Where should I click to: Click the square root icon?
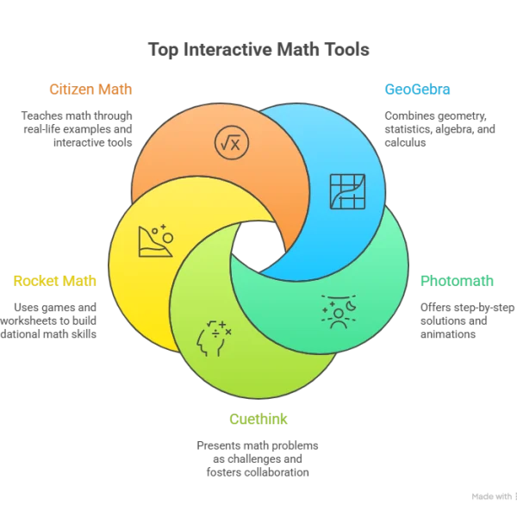tap(231, 143)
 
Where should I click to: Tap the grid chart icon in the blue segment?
tap(347, 191)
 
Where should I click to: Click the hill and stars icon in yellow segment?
tap(155, 240)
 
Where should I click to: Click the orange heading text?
tap(90, 89)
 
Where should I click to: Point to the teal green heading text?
tap(458, 280)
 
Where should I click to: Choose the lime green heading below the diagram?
tap(258, 420)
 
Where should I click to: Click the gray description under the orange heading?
tap(78, 128)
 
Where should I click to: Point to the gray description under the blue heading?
tap(438, 128)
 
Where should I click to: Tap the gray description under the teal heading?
tap(457, 318)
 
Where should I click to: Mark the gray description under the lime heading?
tap(258, 458)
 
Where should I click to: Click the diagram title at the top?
tap(258, 52)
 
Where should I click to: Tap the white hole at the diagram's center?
tap(257, 244)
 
